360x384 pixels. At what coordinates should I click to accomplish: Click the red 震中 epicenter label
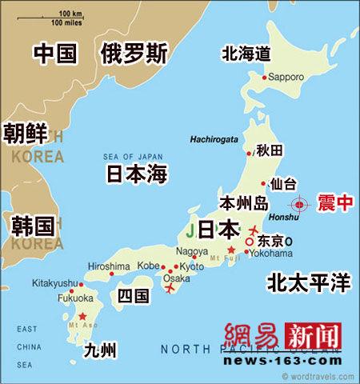point(334,203)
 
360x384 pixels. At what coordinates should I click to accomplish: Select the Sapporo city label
point(286,78)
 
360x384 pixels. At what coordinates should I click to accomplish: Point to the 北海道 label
point(246,53)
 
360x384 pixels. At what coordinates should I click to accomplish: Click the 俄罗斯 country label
point(134,54)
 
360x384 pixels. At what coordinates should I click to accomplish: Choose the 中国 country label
point(54,54)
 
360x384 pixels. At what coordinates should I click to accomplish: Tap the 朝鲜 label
point(25,131)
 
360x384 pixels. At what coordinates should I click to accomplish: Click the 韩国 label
point(33,225)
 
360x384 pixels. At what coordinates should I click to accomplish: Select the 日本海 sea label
point(137,174)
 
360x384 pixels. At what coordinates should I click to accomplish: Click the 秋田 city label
point(269,150)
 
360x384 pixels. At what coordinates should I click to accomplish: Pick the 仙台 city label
point(285,184)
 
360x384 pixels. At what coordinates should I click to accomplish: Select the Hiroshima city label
point(108,266)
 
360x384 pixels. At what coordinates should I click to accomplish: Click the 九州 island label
point(101,350)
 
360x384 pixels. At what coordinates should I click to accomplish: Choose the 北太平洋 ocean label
point(309,282)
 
